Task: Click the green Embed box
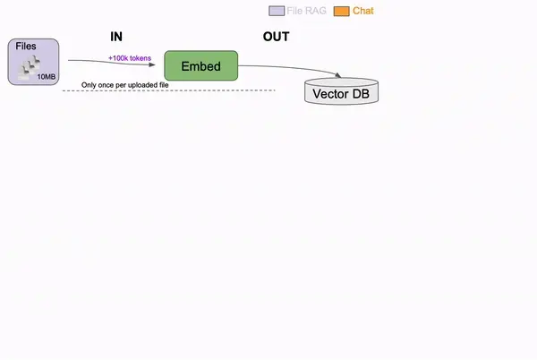(201, 65)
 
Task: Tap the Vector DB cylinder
(342, 91)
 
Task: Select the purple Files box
(34, 62)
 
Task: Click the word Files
(26, 47)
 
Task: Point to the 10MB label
(47, 77)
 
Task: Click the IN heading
(116, 37)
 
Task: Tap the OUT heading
(276, 37)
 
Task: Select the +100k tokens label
(130, 58)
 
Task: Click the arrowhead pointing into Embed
(152, 64)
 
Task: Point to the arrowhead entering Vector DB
(337, 75)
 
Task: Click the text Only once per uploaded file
(125, 85)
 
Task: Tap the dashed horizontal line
(169, 90)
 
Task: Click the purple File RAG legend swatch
(277, 11)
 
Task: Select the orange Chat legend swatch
(342, 11)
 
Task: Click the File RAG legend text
(306, 11)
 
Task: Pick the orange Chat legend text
(363, 11)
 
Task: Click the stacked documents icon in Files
(30, 68)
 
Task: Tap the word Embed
(201, 66)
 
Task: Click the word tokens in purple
(141, 58)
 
